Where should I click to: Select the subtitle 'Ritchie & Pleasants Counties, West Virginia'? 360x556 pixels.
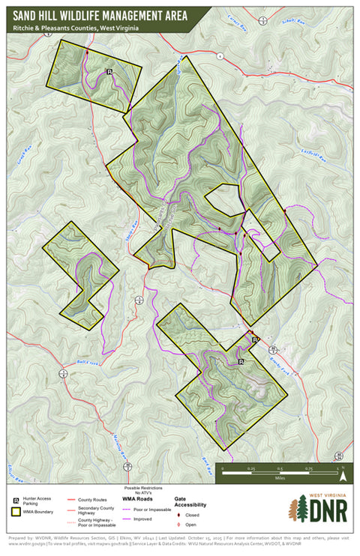pyautogui.click(x=75, y=27)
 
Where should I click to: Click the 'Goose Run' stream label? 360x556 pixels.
pyautogui.click(x=21, y=160)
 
